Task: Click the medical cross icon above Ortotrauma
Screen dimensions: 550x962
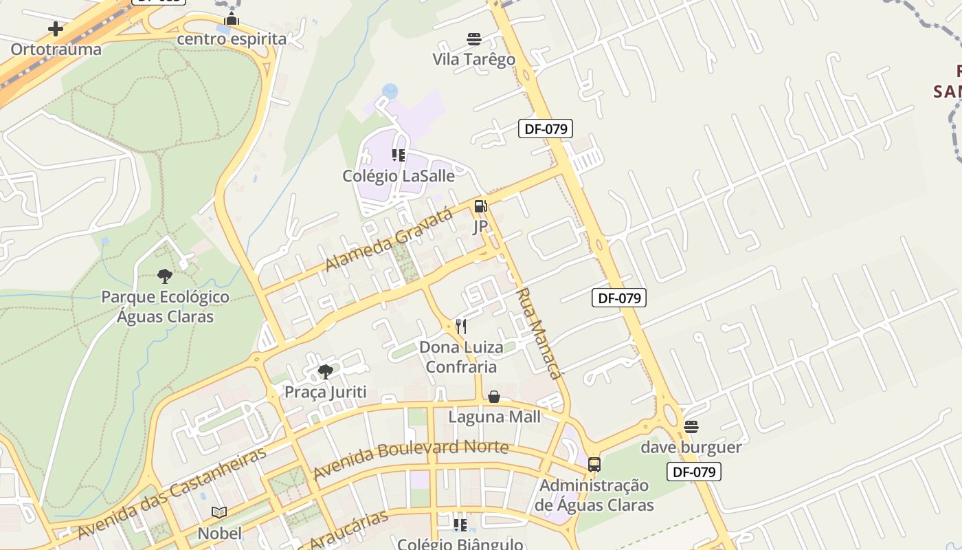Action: (56, 29)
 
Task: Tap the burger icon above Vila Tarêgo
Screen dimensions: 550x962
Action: (474, 38)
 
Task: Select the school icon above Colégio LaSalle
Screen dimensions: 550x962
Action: (399, 155)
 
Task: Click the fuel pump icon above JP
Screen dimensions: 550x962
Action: (480, 206)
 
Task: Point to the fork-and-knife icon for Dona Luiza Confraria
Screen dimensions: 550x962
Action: (461, 326)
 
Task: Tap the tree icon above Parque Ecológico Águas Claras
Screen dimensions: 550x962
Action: (165, 276)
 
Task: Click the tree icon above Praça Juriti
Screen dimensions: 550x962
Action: (326, 372)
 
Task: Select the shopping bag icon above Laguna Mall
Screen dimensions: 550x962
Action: (494, 397)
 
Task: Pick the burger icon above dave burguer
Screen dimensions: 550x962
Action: (691, 427)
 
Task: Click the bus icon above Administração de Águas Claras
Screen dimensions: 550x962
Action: (594, 465)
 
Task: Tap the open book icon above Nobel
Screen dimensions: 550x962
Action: (219, 512)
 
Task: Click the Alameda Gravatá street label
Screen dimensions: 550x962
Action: (389, 239)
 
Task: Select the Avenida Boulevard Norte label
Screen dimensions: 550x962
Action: (411, 459)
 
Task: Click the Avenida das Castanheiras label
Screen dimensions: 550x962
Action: (172, 493)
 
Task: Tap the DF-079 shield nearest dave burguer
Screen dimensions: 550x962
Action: (694, 472)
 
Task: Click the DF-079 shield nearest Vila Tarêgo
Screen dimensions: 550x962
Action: (546, 128)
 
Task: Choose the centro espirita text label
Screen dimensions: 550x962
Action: (232, 39)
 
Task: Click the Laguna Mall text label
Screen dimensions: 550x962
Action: (495, 417)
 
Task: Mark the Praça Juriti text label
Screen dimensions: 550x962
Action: (326, 392)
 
